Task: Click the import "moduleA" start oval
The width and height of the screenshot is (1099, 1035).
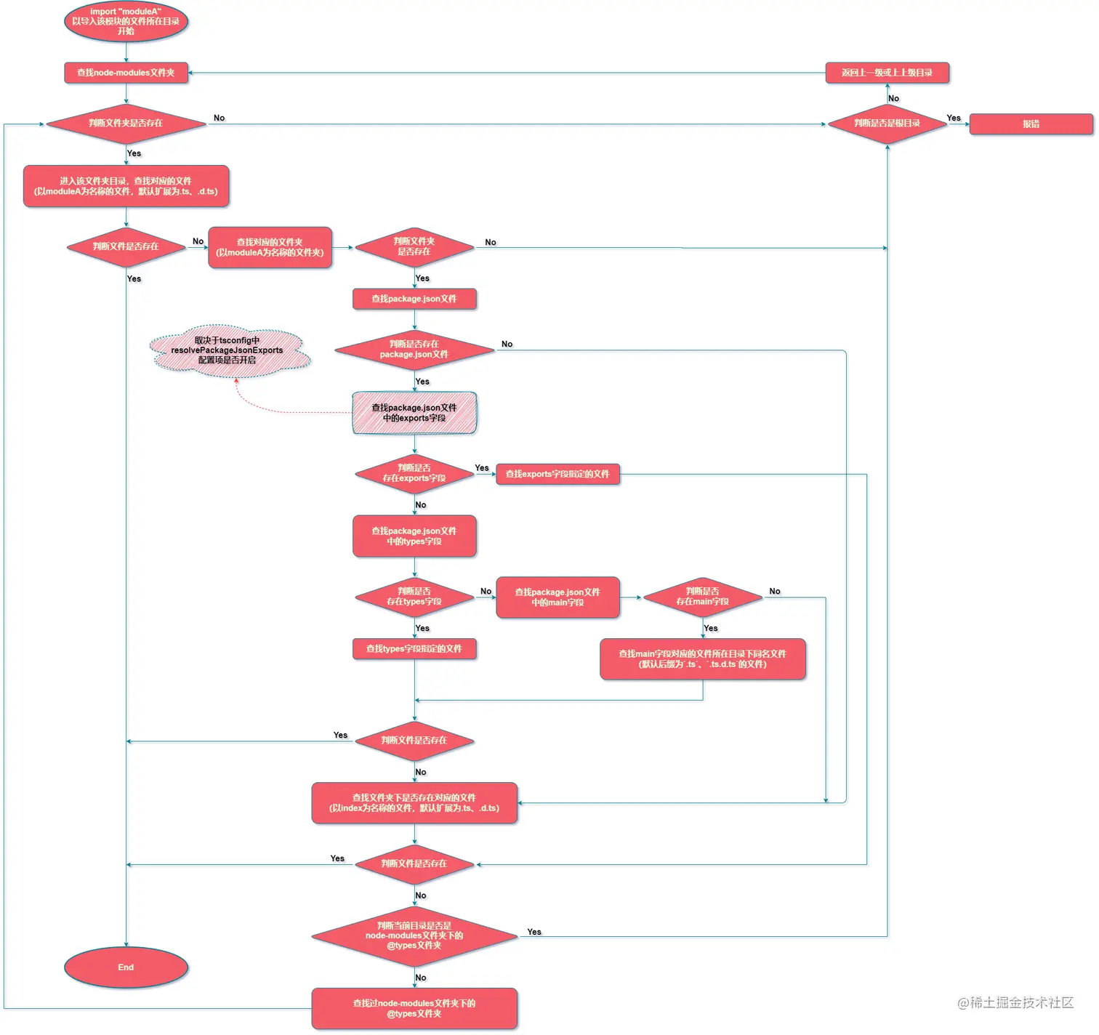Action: [x=126, y=21]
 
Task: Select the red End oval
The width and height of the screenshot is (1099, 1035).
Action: [x=126, y=967]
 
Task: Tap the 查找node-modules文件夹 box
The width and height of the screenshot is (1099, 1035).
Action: [x=126, y=73]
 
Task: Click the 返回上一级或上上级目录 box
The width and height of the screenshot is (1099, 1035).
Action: [x=887, y=73]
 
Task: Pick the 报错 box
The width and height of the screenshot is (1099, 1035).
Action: [x=1031, y=124]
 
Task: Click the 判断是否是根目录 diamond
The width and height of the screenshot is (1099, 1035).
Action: [x=887, y=124]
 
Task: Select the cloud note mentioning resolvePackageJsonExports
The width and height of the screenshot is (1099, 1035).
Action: [x=228, y=350]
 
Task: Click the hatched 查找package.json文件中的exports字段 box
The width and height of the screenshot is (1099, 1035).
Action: [x=414, y=413]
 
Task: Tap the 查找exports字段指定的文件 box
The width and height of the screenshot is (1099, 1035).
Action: [x=557, y=474]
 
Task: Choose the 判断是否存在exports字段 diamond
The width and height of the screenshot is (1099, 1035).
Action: [x=414, y=474]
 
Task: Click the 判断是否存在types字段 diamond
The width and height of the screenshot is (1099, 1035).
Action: [x=414, y=597]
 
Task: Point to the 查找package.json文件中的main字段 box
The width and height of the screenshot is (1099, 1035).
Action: [x=557, y=597]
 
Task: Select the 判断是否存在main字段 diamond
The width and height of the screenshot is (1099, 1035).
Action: [x=702, y=597]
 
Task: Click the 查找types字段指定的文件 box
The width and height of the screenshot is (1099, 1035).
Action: [x=414, y=649]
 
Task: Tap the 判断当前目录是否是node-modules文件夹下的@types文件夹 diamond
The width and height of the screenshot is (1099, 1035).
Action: [x=414, y=936]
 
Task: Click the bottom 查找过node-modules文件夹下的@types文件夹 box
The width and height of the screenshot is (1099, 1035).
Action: [x=414, y=1009]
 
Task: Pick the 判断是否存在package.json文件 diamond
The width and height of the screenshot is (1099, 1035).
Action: [x=414, y=350]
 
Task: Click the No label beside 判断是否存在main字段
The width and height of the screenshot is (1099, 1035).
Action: [x=775, y=592]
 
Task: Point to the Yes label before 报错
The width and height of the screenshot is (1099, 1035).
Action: [x=954, y=118]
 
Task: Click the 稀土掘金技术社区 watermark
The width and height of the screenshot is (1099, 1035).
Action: [x=1015, y=1003]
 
